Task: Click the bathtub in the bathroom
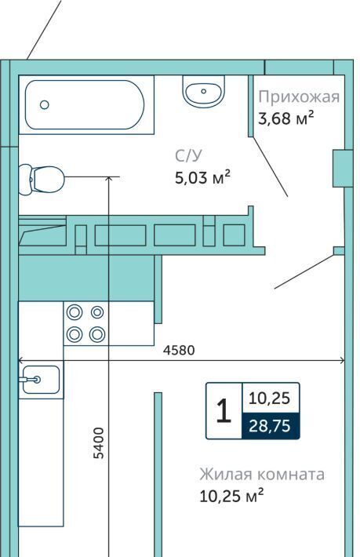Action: (x=85, y=105)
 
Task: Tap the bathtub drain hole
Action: (x=45, y=105)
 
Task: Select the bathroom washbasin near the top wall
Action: (x=203, y=91)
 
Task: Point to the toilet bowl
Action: (x=42, y=179)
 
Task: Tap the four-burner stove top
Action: (x=86, y=323)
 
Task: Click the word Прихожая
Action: (x=299, y=97)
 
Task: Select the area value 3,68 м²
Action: (x=286, y=118)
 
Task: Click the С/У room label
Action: (x=188, y=156)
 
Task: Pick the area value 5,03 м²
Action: (x=202, y=177)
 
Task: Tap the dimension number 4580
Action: (x=179, y=350)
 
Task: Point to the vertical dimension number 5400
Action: (x=99, y=443)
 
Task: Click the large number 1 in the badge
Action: (x=224, y=410)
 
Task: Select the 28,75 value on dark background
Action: (x=270, y=425)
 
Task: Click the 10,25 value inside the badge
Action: (x=270, y=399)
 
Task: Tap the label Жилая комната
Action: (x=262, y=474)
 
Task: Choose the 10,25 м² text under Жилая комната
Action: (x=231, y=496)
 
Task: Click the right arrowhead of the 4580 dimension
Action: (x=343, y=361)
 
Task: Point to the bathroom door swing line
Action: (x=270, y=166)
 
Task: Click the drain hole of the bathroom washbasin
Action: (x=203, y=91)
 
